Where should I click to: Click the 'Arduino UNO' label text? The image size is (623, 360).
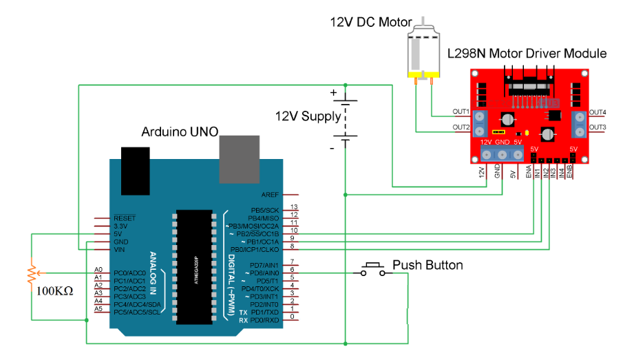pyautogui.click(x=180, y=131)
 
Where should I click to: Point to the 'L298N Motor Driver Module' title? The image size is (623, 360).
pyautogui.click(x=527, y=53)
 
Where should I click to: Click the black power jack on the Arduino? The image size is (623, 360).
pyautogui.click(x=136, y=170)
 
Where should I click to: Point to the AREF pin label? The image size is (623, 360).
pyautogui.click(x=270, y=195)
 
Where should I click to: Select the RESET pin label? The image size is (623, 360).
pyautogui.click(x=105, y=218)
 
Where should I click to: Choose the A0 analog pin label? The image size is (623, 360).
pyautogui.click(x=98, y=270)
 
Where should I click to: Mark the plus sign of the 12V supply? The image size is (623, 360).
pyautogui.click(x=334, y=92)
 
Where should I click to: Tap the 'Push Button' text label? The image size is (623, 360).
pyautogui.click(x=427, y=265)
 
